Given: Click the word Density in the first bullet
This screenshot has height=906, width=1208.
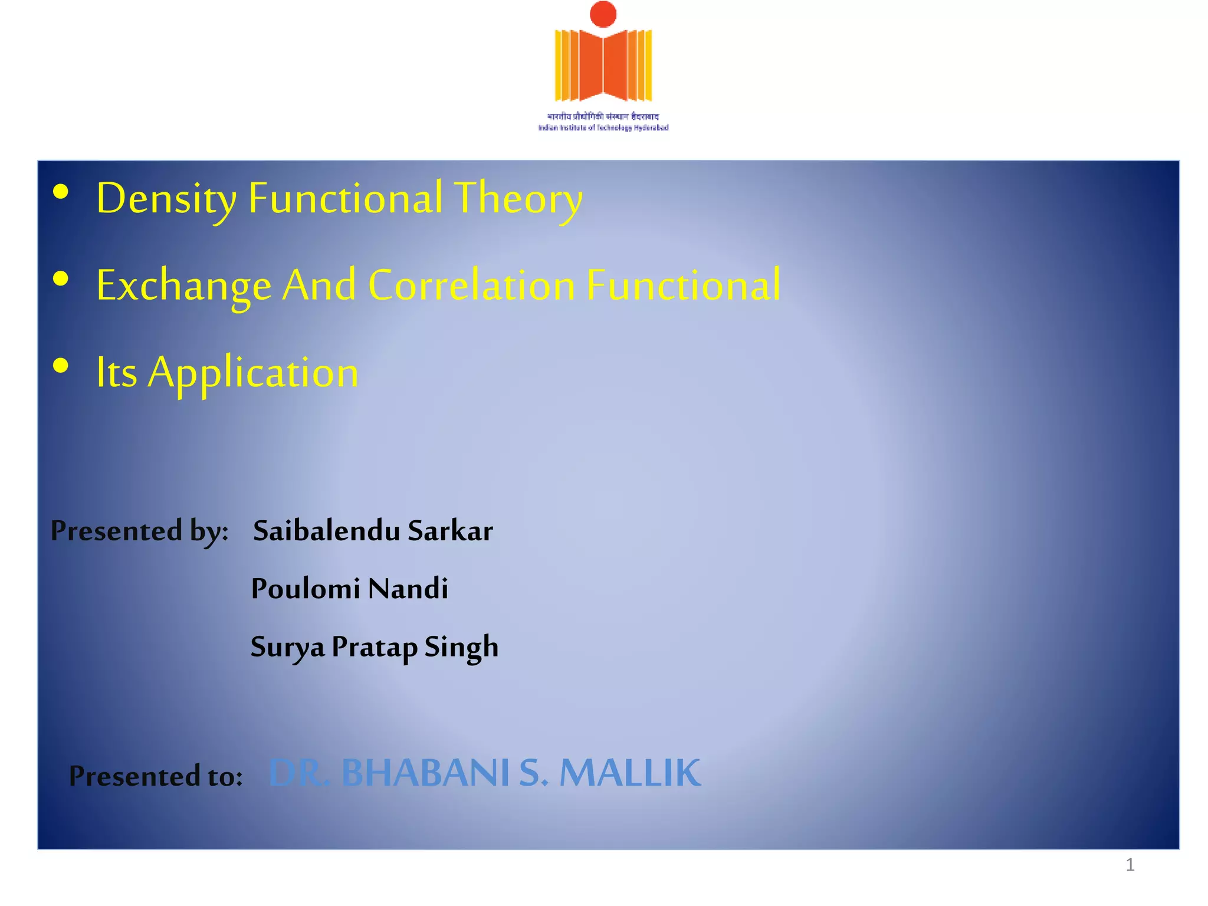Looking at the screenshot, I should [166, 198].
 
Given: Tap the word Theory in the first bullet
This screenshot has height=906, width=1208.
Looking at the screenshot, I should [518, 198].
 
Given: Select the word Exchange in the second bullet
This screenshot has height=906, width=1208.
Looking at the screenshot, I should [183, 285].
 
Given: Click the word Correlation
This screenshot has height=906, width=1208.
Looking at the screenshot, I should [471, 285].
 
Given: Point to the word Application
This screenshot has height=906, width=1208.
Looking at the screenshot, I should [253, 373].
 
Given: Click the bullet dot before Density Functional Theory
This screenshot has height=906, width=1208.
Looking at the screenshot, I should [61, 192].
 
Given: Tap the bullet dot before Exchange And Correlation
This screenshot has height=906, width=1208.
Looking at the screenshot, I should [61, 279].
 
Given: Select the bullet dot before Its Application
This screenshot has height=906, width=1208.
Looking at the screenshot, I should [61, 366].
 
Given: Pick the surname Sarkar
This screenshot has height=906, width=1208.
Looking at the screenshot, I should [450, 531].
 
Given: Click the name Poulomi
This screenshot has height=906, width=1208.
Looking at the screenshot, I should [306, 589].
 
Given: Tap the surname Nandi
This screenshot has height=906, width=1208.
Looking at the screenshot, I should [408, 589].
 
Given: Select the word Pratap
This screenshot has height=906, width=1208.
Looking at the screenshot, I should [374, 647].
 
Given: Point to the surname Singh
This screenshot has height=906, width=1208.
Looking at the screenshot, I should [461, 647].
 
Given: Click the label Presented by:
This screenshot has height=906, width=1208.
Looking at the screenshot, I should [139, 531].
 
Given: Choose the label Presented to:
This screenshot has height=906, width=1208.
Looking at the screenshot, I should [156, 776].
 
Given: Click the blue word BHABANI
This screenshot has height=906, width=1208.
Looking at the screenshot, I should [425, 773].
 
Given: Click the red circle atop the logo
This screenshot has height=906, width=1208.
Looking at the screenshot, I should [603, 14].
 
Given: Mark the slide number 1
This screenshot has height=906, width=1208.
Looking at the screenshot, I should [1130, 865].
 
